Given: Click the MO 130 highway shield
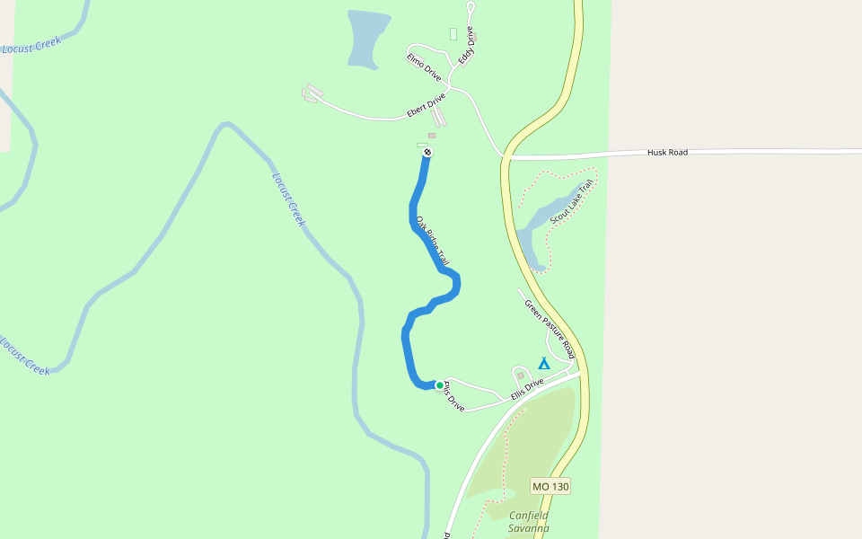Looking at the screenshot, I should click(550, 486).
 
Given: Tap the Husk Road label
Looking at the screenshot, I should click(667, 153).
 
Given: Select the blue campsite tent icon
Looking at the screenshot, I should click(543, 363).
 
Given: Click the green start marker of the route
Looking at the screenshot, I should click(440, 385).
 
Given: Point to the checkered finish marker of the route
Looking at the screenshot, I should click(427, 152).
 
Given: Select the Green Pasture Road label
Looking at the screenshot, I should click(549, 323).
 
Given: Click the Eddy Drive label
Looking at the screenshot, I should click(465, 46).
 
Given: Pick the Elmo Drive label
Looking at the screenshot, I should click(424, 67).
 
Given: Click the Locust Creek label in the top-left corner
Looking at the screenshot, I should click(31, 45).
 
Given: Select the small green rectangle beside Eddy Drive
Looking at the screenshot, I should click(453, 34).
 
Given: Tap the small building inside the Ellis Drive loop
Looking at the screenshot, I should click(520, 375).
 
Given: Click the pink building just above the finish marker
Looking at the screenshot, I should click(431, 136).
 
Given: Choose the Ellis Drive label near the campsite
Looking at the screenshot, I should click(527, 388).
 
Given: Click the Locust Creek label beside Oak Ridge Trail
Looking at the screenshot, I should click(288, 198).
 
